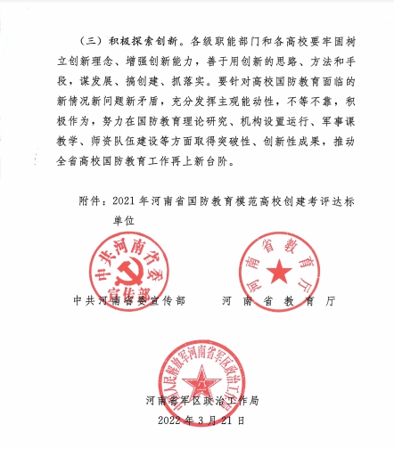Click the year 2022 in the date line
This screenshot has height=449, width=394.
click(x=170, y=418)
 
